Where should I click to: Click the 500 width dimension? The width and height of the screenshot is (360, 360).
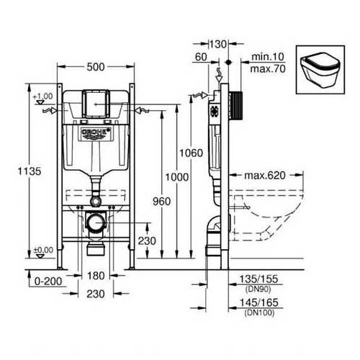point(95,67)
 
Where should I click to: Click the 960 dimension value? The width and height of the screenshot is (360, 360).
point(162,202)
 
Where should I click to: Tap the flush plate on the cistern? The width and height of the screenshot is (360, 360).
point(95,104)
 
